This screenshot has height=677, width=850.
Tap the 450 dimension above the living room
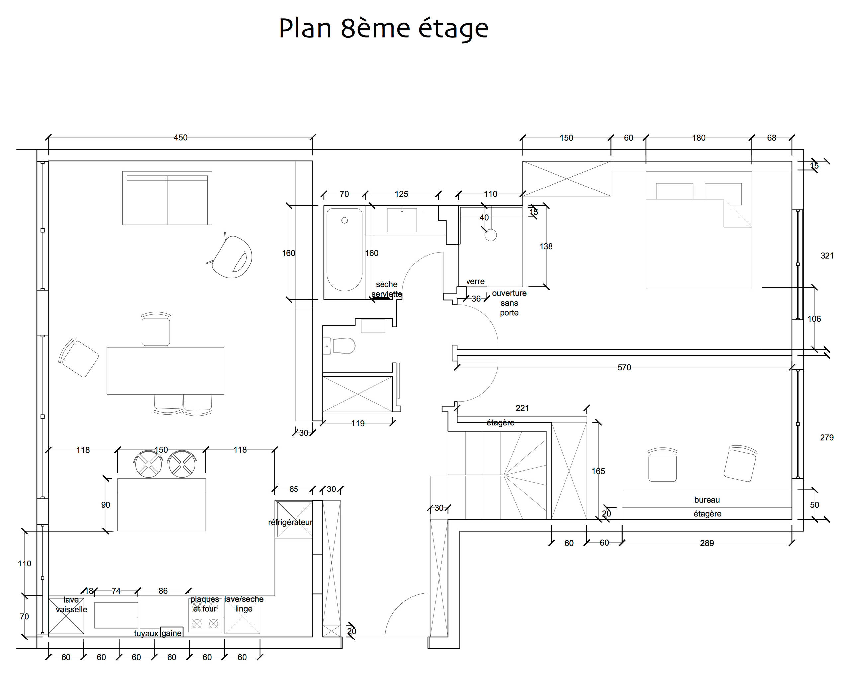point(181,137)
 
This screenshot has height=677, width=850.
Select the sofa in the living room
point(167,198)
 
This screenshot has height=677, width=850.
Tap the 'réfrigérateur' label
point(291,522)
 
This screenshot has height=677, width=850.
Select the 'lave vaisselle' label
point(71,605)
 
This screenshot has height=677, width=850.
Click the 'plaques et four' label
point(205,604)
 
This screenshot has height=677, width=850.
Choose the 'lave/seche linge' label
point(244,604)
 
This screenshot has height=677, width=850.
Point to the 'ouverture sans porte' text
point(509,303)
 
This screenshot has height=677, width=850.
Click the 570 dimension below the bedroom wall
point(624,367)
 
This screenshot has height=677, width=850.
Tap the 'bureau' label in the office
point(707,500)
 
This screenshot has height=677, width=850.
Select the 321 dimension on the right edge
point(827,255)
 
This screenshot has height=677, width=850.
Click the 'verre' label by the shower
point(475,281)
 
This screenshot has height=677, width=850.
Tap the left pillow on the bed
point(675,191)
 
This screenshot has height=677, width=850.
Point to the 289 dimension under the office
point(707,543)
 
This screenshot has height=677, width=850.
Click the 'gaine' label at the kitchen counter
point(172,633)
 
